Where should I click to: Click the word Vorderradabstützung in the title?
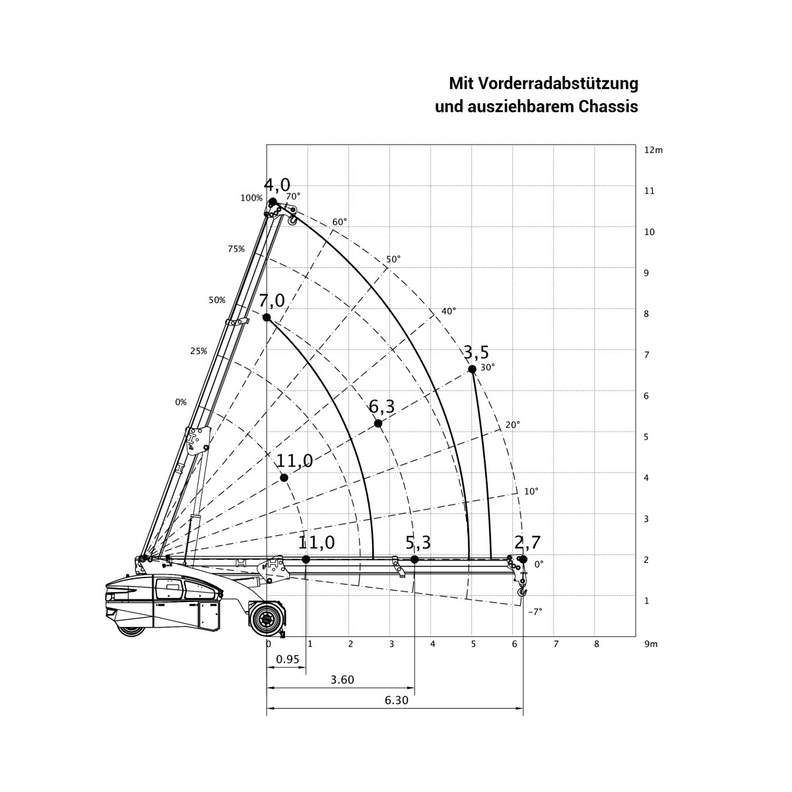click(x=559, y=84)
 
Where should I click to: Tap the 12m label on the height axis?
click(x=653, y=150)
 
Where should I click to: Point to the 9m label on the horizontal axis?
click(x=651, y=644)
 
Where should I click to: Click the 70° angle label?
click(x=293, y=196)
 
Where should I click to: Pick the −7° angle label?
click(x=535, y=612)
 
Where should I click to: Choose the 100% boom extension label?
click(x=251, y=198)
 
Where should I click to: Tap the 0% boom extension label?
click(x=181, y=403)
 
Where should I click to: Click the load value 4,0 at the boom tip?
click(x=277, y=185)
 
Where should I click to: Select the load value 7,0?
click(x=272, y=301)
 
